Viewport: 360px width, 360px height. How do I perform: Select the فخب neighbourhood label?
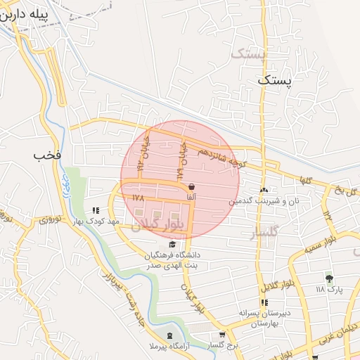pos(43,155)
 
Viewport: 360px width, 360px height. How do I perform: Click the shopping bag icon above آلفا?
pos(192,186)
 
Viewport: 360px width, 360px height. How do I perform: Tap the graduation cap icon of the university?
pos(173,243)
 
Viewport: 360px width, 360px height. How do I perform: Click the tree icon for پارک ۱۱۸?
pos(329,279)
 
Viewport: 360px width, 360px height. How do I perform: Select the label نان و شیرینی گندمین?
pos(262,201)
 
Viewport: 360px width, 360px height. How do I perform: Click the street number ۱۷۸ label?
pos(138,198)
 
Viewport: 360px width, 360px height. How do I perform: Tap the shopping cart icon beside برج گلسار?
pos(222,335)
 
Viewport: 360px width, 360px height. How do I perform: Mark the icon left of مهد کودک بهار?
pos(96,210)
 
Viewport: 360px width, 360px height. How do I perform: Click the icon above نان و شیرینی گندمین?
pos(264,191)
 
